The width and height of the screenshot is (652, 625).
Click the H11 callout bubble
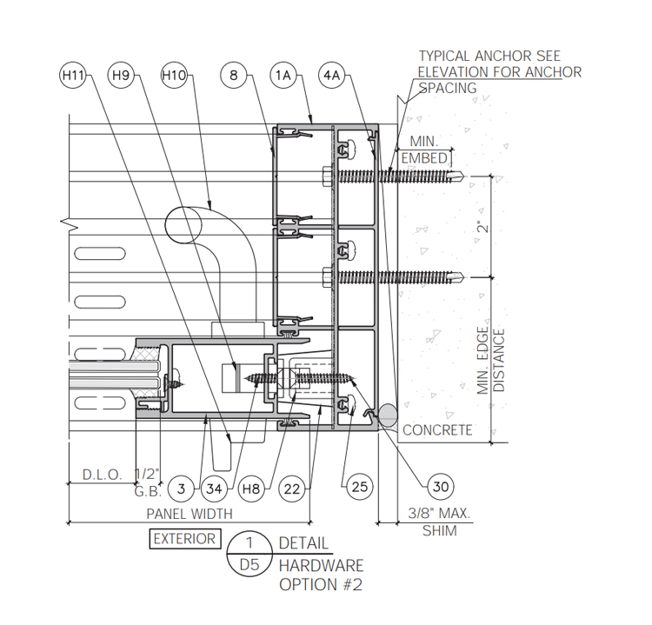tap(73, 76)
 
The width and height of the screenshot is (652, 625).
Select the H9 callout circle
tap(121, 76)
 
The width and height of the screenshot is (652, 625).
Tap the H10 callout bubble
tap(174, 76)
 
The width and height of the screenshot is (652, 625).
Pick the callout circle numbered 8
tap(234, 76)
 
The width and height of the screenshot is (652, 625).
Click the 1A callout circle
tap(283, 76)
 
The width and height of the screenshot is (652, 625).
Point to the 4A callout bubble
tap(332, 76)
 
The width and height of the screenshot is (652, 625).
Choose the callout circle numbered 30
tap(441, 486)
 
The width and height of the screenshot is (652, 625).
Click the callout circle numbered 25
tap(360, 487)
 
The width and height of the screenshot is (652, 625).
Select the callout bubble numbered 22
tap(292, 489)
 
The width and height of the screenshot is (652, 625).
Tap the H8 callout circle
tap(251, 489)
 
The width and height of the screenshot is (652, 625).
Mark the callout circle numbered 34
tap(214, 489)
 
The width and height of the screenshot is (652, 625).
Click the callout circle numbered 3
tap(182, 489)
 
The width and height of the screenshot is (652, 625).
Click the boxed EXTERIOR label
tap(185, 539)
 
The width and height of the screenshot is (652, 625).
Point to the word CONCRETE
tap(437, 430)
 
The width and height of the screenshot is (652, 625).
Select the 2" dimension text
tap(483, 227)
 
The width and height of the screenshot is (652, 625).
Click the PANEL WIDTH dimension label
tap(190, 514)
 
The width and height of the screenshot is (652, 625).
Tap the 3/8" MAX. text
tap(439, 513)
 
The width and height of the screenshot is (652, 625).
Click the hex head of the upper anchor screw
tap(327, 176)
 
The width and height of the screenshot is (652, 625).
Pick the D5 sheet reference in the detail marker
tap(249, 565)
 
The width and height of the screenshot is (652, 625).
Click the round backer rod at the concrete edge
tap(388, 415)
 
